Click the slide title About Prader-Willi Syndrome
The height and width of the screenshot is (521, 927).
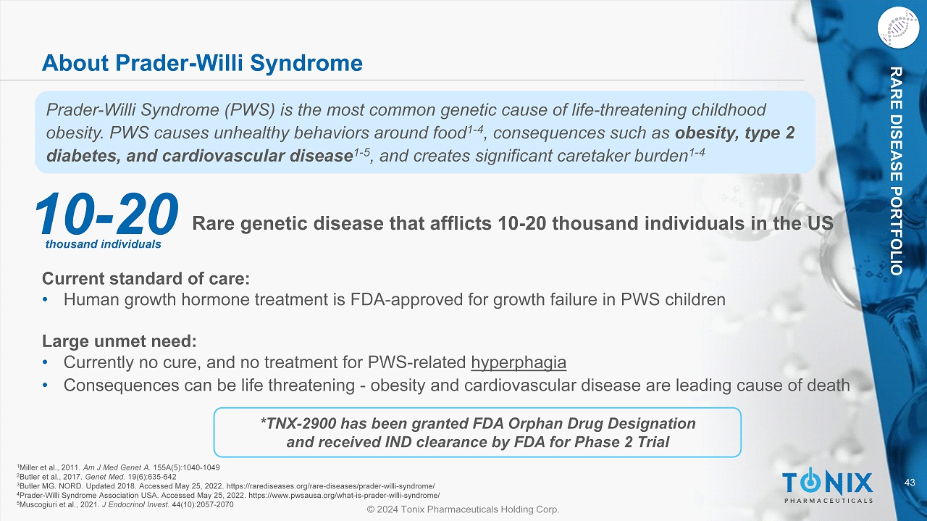point(202,63)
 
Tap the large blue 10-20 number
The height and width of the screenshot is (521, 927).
point(106,214)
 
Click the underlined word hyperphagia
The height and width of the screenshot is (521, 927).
point(519,363)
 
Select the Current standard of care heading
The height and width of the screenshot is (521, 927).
point(146,278)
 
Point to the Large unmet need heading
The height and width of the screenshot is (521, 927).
point(119,341)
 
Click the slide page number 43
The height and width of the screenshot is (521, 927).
point(910,482)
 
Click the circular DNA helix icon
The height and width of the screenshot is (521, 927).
point(898,28)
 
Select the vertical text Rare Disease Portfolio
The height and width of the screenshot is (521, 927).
point(896,170)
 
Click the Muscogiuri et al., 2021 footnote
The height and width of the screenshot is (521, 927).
point(125,504)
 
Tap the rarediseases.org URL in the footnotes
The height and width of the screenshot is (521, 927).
point(331,485)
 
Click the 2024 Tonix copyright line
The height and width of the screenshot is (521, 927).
point(463,509)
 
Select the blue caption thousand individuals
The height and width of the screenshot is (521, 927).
point(103,244)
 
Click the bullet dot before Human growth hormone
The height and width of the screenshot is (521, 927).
point(45,299)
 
